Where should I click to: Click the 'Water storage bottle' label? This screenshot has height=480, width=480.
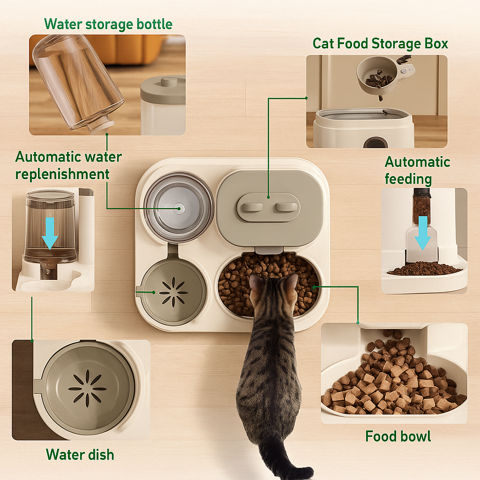(x=108, y=24)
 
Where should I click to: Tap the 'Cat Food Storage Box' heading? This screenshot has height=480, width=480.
(x=380, y=44)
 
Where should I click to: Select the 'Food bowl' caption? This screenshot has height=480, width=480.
(x=397, y=436)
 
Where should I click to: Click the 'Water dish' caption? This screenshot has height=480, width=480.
(x=80, y=454)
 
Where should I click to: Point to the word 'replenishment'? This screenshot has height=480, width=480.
(x=62, y=174)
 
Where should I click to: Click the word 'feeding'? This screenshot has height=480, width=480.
(x=408, y=179)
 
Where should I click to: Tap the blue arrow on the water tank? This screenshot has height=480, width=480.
(x=50, y=232)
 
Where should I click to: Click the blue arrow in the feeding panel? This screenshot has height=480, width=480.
(x=422, y=232)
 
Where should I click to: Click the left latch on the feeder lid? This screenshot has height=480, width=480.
(x=249, y=207)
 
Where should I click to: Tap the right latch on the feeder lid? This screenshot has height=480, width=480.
(x=286, y=207)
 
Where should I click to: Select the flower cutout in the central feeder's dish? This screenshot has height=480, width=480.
(x=173, y=292)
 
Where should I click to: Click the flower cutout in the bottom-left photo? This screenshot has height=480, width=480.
(x=87, y=388)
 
